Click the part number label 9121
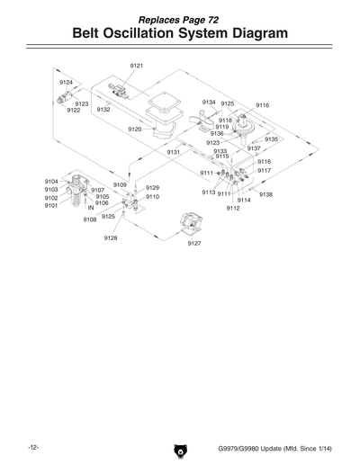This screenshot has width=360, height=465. (x=136, y=66)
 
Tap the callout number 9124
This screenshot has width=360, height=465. (x=66, y=82)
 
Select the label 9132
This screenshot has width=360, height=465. (x=103, y=109)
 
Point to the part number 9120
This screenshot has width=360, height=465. (x=134, y=130)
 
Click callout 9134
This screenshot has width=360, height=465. (x=209, y=103)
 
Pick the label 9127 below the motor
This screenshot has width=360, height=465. (x=193, y=243)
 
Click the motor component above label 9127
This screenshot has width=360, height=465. (x=191, y=223)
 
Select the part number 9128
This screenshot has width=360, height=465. (x=111, y=237)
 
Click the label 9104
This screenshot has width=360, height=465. (x=51, y=182)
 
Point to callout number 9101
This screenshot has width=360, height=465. (x=51, y=205)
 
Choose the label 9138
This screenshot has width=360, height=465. (x=265, y=194)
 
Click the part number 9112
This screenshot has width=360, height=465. (x=233, y=208)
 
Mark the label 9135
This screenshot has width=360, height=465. (x=271, y=139)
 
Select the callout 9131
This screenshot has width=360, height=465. (x=174, y=152)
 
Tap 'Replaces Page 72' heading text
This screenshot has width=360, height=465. (x=179, y=17)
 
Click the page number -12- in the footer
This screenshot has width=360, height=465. (x=32, y=447)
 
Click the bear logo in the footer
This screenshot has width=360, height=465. (x=179, y=448)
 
